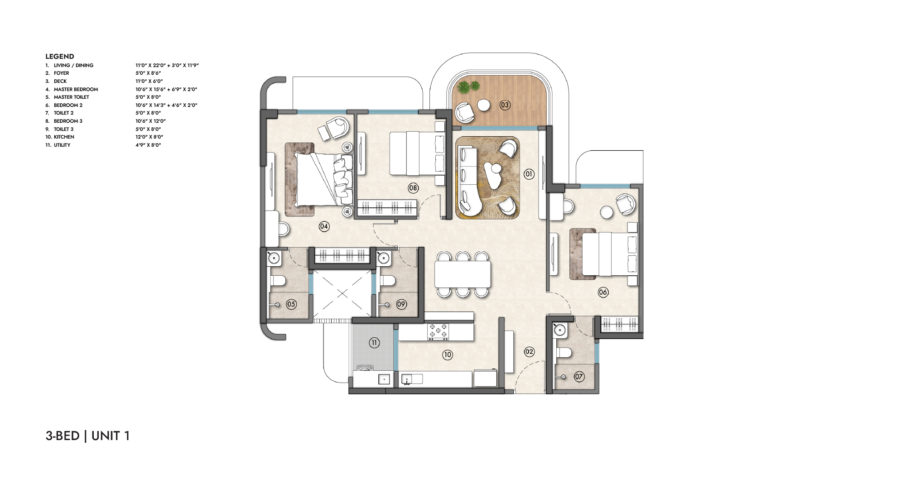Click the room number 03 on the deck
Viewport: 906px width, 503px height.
coord(505,105)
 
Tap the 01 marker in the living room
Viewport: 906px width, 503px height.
coord(528,174)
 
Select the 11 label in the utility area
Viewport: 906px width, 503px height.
coord(374,343)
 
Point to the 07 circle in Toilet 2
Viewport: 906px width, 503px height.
coord(579,376)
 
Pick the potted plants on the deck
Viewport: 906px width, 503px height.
coord(468,87)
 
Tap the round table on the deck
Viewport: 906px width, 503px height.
coord(484,105)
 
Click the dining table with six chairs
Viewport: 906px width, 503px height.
coord(463,274)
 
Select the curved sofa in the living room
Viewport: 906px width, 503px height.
coord(470,181)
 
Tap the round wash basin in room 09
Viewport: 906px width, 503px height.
coord(384,258)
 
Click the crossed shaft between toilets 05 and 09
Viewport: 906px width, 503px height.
coord(342,294)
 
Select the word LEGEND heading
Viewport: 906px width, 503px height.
coord(60,57)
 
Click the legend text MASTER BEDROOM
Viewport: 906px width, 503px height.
coord(76,89)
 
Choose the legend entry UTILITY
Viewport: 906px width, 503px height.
coord(62,145)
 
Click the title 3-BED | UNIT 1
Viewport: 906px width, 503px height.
coord(88,436)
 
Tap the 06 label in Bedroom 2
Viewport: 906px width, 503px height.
coord(603,292)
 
